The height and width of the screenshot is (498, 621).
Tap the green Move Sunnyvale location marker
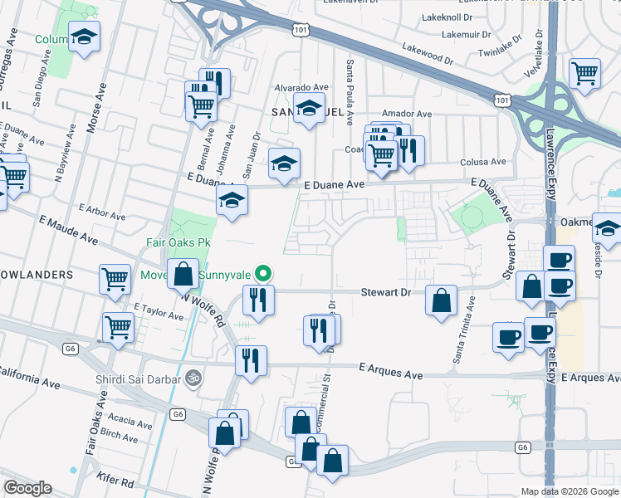[x=263, y=272]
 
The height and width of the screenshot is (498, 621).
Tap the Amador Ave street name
[x=407, y=114]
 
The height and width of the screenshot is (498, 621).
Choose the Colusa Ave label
[x=486, y=162]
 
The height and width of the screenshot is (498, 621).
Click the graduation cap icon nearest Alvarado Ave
[x=309, y=108]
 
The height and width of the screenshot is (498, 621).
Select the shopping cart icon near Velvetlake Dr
[x=585, y=73]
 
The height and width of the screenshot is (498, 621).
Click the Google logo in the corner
[x=27, y=488]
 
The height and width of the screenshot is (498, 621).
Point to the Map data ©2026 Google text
[x=569, y=491]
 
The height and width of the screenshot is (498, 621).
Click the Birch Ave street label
[x=119, y=434]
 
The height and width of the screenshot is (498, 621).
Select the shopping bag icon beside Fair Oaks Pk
[x=182, y=273]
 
